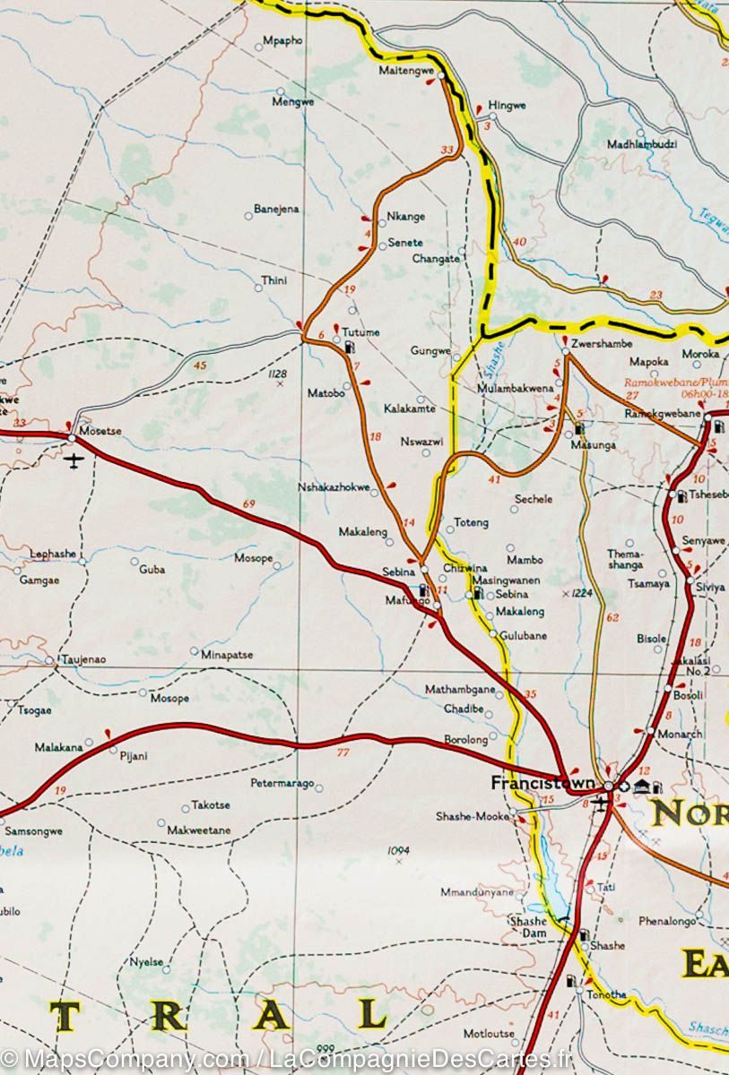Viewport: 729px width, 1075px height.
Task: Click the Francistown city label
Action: pyautogui.click(x=542, y=783)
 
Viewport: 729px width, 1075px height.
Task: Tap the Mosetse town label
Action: pyautogui.click(x=100, y=431)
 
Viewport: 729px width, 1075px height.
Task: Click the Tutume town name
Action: pyautogui.click(x=360, y=332)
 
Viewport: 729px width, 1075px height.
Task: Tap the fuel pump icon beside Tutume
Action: pyautogui.click(x=349, y=345)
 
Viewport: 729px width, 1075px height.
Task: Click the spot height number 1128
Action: pyautogui.click(x=277, y=374)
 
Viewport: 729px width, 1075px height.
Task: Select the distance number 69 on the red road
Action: pyautogui.click(x=248, y=504)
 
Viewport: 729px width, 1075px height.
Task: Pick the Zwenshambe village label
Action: pyautogui.click(x=602, y=344)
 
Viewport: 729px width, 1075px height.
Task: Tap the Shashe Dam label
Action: pyautogui.click(x=527, y=926)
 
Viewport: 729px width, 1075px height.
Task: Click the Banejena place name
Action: pyautogui.click(x=276, y=210)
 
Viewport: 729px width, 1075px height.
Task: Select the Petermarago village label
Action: pyautogui.click(x=282, y=784)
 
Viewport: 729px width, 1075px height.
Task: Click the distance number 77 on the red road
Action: pyautogui.click(x=342, y=752)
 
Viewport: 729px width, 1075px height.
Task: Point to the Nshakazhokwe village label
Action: pyautogui.click(x=334, y=488)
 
